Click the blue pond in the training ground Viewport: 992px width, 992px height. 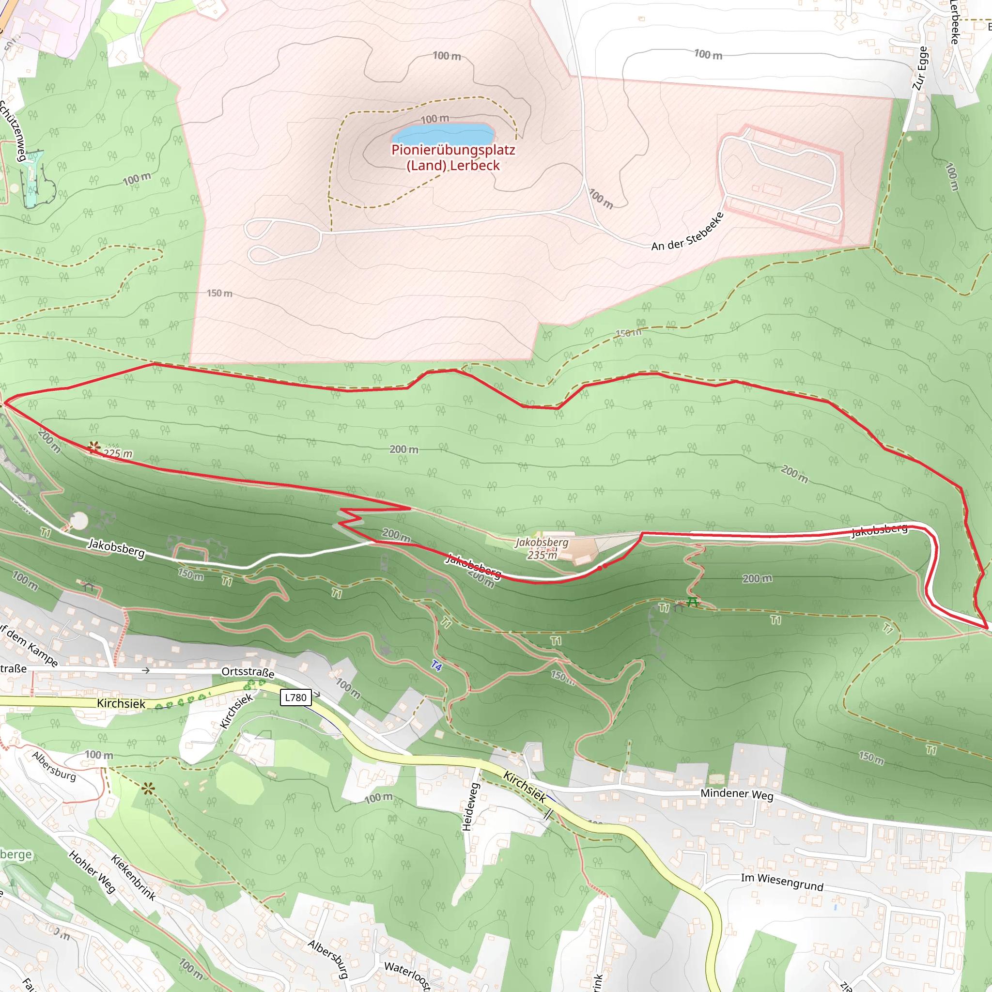(443, 135)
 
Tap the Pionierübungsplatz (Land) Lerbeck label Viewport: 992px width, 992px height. (453, 157)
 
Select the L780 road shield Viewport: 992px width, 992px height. (296, 697)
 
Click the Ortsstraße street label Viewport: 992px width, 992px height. (248, 672)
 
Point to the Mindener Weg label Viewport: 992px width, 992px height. (737, 794)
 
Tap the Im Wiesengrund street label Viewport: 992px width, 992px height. (782, 882)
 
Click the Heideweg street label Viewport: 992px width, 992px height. (470, 806)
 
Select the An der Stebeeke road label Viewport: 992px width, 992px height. (687, 232)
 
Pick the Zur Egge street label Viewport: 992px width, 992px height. (920, 68)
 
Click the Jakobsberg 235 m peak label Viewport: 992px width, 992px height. (542, 548)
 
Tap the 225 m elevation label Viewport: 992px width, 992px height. (118, 453)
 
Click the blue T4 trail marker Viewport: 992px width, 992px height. (436, 666)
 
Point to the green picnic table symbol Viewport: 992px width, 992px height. (693, 602)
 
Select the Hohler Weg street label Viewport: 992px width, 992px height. (92, 872)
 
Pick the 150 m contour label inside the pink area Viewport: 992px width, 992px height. (219, 293)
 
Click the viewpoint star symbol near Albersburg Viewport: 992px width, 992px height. (148, 789)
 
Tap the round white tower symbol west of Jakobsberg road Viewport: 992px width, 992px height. (78, 521)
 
